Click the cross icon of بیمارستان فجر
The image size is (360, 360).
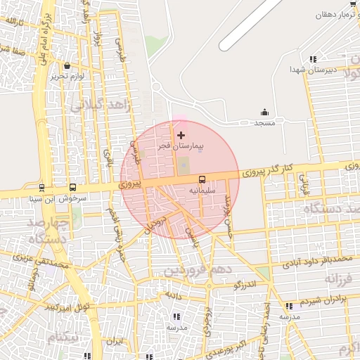pyautogui.click(x=181, y=135)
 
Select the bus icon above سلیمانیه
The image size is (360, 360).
pyautogui.click(x=202, y=179)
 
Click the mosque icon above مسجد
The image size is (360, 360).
pyautogui.click(x=264, y=112)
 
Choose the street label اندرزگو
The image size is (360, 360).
pyautogui.click(x=247, y=284)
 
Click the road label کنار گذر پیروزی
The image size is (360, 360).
pyautogui.click(x=267, y=170)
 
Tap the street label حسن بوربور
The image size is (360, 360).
pyautogui.click(x=228, y=214)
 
